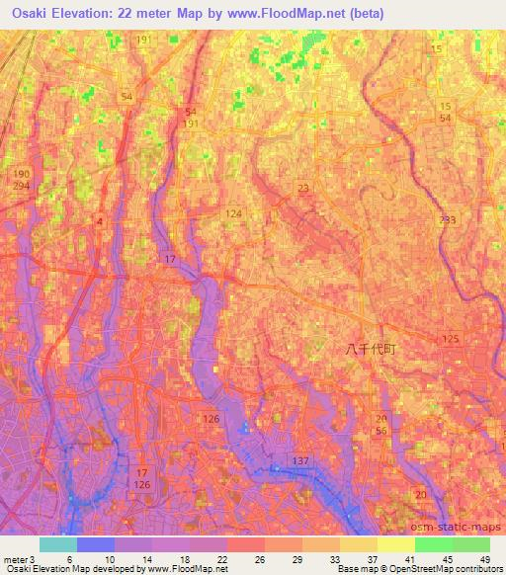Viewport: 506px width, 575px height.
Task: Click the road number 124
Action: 234,213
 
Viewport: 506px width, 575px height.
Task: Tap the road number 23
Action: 302,188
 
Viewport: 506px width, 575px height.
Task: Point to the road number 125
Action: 451,340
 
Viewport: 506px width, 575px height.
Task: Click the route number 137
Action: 301,461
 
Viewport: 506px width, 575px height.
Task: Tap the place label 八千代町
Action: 370,349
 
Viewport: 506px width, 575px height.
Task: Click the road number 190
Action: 22,174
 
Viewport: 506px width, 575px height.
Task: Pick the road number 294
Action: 22,186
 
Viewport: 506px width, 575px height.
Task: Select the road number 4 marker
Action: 100,221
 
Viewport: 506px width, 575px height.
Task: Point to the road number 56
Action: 381,431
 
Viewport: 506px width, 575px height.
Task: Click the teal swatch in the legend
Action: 57,544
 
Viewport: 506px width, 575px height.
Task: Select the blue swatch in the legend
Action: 96,544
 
